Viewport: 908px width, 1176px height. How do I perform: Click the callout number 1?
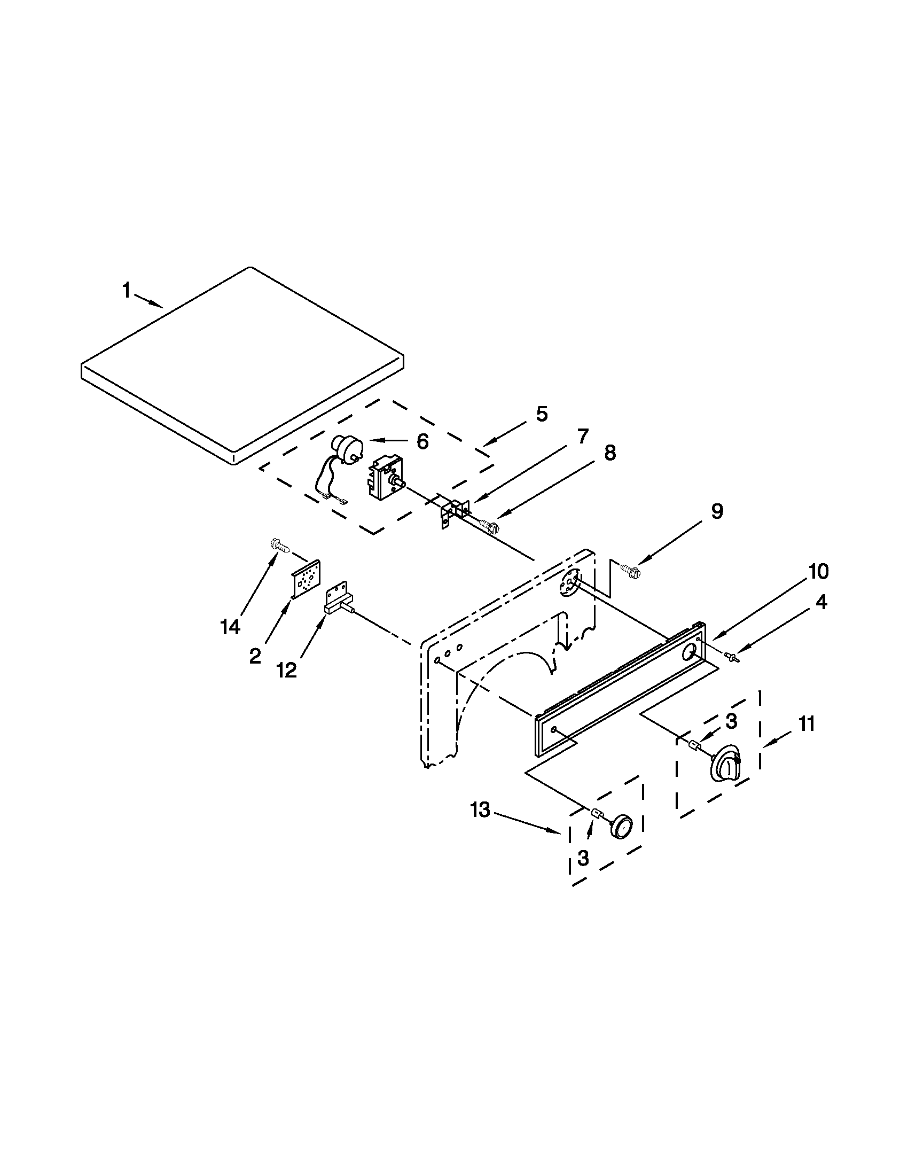pyautogui.click(x=127, y=291)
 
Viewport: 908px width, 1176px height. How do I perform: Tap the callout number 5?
pyautogui.click(x=542, y=414)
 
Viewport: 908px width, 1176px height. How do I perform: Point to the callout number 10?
pyautogui.click(x=818, y=572)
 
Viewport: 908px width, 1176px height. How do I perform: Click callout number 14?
pyautogui.click(x=230, y=627)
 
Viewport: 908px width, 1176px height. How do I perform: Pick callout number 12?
pyautogui.click(x=286, y=670)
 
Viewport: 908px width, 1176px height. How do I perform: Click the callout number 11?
pyautogui.click(x=806, y=724)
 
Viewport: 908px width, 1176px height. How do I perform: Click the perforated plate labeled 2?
pyautogui.click(x=307, y=579)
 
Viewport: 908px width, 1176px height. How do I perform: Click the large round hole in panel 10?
pyautogui.click(x=688, y=655)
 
